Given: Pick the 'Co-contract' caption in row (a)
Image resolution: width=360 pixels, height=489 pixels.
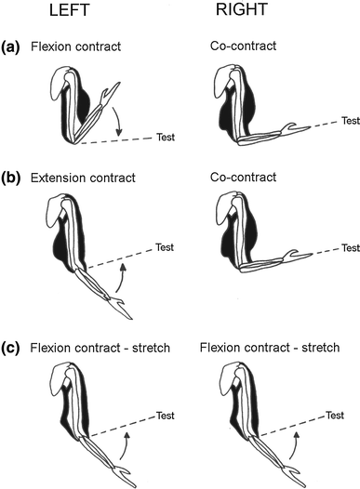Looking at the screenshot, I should pos(239,45).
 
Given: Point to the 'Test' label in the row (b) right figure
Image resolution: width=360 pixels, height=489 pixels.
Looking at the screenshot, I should pos(350,248).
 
